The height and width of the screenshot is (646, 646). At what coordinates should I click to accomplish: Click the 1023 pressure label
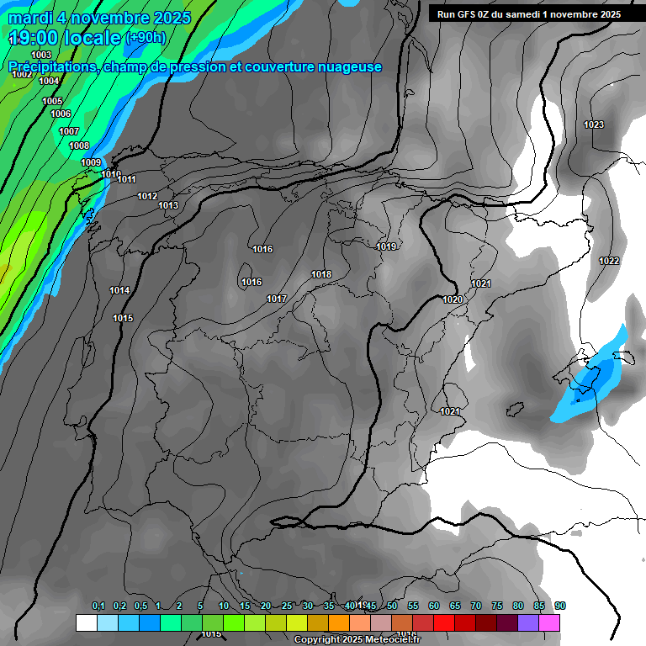tap(594, 125)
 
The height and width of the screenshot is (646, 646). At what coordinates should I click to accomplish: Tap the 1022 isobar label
tap(609, 262)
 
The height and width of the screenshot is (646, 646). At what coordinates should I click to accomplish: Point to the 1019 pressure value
tap(387, 247)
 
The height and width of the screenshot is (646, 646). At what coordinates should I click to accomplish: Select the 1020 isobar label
tap(453, 300)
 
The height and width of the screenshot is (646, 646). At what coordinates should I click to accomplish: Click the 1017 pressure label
tap(277, 299)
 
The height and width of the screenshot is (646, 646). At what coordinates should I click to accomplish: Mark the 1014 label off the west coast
tap(119, 291)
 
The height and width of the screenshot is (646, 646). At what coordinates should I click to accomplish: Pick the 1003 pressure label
tap(41, 56)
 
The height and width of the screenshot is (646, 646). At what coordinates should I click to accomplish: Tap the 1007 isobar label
tap(69, 132)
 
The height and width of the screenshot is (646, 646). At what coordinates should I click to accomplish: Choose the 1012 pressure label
tap(147, 197)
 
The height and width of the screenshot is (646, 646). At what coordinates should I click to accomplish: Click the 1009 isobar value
tap(91, 163)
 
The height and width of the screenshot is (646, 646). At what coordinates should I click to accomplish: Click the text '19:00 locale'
tap(64, 38)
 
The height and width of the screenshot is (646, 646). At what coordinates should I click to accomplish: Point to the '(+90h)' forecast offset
tap(146, 38)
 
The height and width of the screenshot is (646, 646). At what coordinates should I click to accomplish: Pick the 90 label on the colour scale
tap(560, 606)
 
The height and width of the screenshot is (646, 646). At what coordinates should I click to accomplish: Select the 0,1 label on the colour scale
tap(98, 606)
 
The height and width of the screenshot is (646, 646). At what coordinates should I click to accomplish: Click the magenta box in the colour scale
tap(549, 622)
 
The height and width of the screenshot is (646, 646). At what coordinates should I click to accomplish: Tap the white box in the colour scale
tap(86, 622)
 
